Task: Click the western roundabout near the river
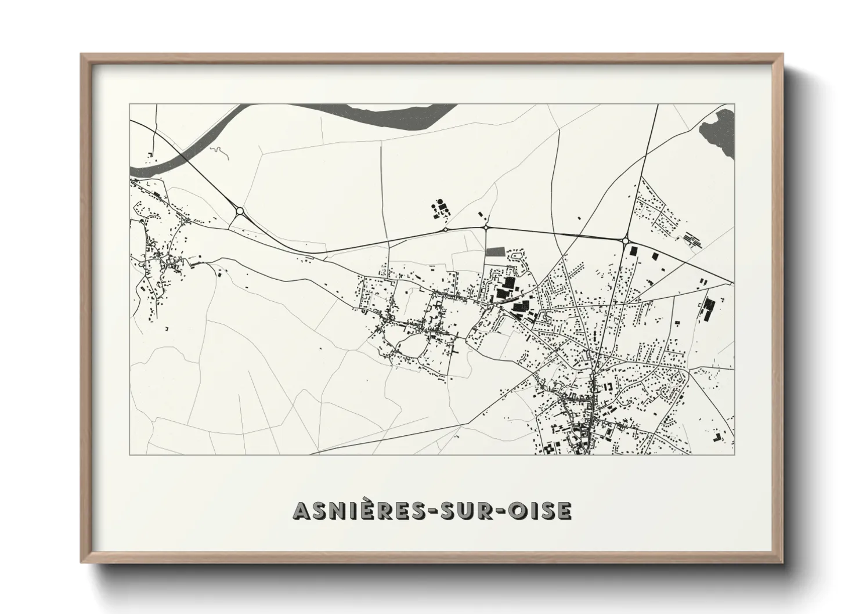[239, 211]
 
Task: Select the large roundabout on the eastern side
[626, 240]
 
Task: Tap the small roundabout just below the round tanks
[445, 229]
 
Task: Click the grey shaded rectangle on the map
[495, 252]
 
